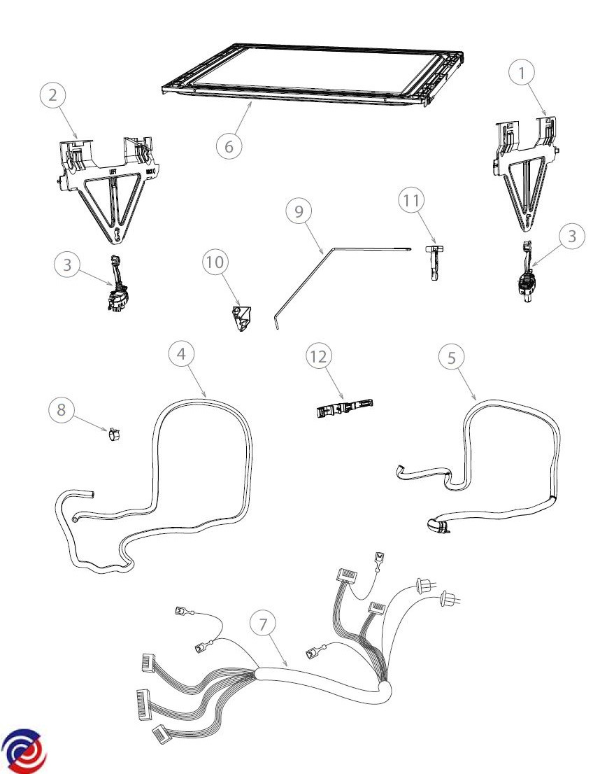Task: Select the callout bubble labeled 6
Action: (x=229, y=146)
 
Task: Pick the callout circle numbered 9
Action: (x=299, y=211)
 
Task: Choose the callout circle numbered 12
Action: (x=318, y=357)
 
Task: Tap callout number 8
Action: (x=62, y=409)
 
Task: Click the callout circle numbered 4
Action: (x=181, y=354)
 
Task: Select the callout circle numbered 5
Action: (x=452, y=357)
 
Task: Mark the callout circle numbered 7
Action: (x=263, y=624)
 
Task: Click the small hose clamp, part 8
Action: (x=113, y=435)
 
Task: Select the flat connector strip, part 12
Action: (x=341, y=408)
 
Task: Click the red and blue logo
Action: (x=23, y=750)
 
